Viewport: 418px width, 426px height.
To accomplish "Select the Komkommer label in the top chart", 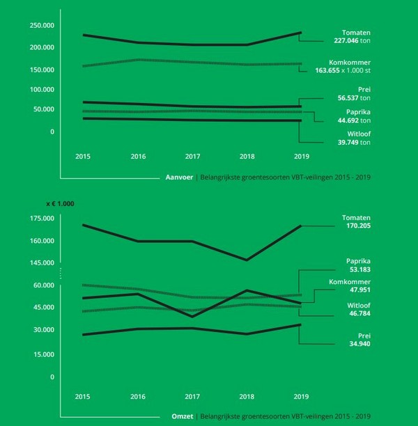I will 348,62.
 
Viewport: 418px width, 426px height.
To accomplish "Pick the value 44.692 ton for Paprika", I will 355,120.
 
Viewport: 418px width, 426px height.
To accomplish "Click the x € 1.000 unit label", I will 60,203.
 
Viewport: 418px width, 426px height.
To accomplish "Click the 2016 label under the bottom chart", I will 138,396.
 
